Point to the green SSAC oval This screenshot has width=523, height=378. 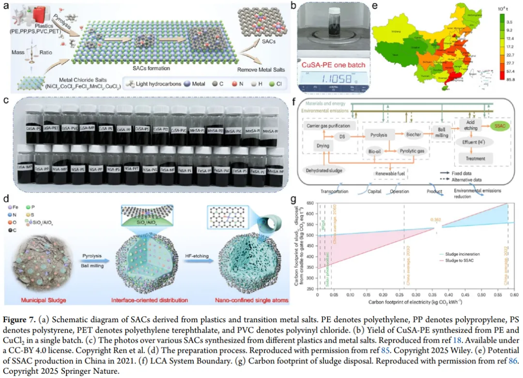point(499,127)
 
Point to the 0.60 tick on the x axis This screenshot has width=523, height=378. point(512,294)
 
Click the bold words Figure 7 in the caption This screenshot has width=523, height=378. point(20,319)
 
